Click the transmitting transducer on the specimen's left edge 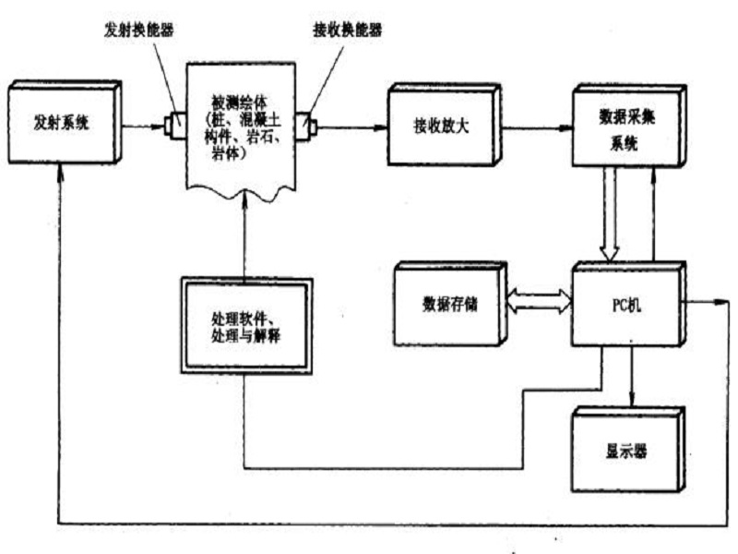pyautogui.click(x=174, y=124)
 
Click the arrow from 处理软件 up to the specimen pyautogui.click(x=245, y=240)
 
